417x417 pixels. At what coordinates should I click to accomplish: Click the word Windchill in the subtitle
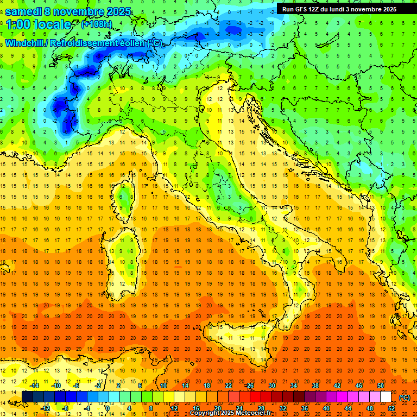[x=25, y=43]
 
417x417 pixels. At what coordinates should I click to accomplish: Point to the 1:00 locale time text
[x=38, y=24]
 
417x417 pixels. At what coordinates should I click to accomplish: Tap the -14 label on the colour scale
[x=35, y=385]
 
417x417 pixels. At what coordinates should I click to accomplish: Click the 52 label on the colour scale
[x=391, y=408]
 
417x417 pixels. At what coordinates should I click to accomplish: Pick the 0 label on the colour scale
[x=107, y=408]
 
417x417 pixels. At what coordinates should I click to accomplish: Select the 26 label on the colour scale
[x=250, y=385]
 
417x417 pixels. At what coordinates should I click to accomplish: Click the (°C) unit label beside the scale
[x=405, y=397]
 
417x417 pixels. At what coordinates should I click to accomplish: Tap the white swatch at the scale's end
[x=386, y=397]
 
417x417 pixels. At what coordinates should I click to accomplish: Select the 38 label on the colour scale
[x=315, y=385]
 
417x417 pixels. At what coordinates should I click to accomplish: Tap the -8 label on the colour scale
[x=66, y=408]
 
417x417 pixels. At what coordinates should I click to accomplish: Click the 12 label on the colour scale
[x=174, y=408]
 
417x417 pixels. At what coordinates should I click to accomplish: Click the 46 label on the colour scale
[x=359, y=385]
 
